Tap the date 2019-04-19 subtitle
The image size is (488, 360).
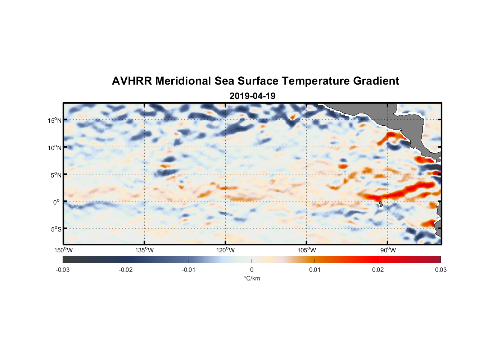click(252, 96)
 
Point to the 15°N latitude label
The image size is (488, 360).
click(54, 120)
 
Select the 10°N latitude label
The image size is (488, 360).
click(54, 148)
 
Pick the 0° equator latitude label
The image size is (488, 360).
click(57, 202)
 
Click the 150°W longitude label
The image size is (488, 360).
click(63, 250)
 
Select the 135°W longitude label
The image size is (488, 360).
click(144, 250)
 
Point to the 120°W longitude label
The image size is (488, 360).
click(225, 250)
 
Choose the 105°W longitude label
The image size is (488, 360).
click(307, 250)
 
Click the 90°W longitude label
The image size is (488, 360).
click(388, 250)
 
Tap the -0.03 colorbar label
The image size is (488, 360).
click(63, 270)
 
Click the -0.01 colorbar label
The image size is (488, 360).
click(189, 270)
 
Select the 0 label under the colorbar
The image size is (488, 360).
click(252, 270)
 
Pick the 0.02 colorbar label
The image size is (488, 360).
click(378, 270)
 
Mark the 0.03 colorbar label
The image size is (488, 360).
click(440, 270)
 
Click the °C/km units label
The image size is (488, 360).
click(252, 278)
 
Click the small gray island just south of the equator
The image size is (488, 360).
click(381, 204)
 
